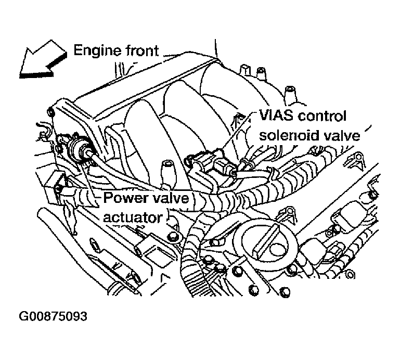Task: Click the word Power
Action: (x=124, y=198)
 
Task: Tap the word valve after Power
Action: (x=171, y=198)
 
